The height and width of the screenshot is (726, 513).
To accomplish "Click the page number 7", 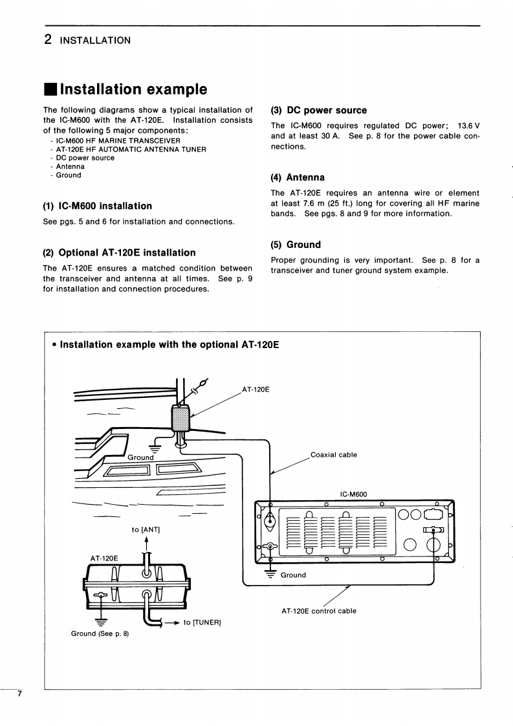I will click(x=20, y=694).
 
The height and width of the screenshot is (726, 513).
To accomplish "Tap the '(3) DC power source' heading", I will click(x=319, y=111).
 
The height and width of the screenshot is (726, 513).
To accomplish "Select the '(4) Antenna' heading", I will click(x=298, y=177).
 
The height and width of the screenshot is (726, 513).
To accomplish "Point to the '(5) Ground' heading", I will click(x=296, y=245).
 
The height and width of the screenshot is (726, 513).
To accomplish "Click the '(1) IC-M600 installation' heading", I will click(x=97, y=206).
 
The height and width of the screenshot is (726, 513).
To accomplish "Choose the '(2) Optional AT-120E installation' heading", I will click(x=119, y=253).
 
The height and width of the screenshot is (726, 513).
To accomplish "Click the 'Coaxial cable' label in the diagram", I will click(x=334, y=455).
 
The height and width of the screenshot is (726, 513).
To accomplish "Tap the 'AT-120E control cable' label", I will click(x=319, y=611).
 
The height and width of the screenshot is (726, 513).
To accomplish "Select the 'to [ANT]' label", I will click(x=146, y=530).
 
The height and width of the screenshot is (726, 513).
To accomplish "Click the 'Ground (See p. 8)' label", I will click(x=100, y=633).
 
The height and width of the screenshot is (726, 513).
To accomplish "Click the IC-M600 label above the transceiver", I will click(x=353, y=494).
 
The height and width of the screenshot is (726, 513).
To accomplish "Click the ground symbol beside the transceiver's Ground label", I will click(x=270, y=573).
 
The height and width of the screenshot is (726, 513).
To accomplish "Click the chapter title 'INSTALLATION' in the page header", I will click(x=95, y=41).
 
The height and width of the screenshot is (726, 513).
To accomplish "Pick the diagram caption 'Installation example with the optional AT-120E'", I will click(x=169, y=345).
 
